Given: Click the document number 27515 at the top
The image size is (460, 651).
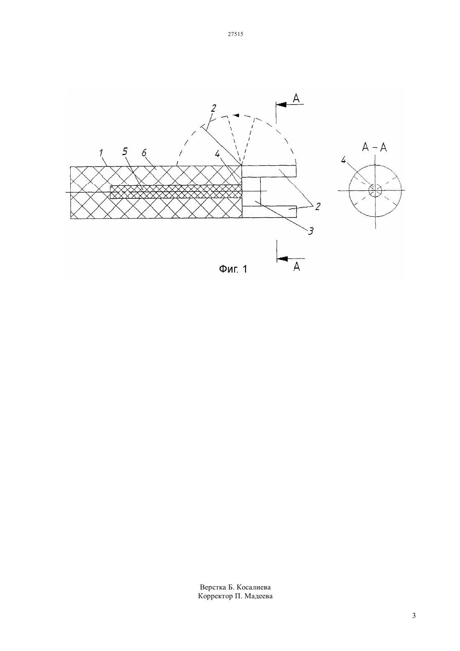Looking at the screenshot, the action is (x=235, y=34).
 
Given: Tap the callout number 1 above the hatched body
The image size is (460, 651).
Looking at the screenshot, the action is (x=101, y=153).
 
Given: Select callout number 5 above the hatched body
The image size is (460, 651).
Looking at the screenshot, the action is (x=125, y=151).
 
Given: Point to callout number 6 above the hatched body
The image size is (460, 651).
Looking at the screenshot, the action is (x=144, y=153).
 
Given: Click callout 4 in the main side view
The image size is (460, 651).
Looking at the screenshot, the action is (x=217, y=154).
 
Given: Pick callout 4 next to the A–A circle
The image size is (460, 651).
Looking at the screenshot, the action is (x=343, y=160).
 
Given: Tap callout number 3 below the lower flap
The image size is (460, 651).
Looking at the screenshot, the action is (x=310, y=231).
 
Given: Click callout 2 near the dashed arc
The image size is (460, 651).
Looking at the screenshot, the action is (x=213, y=108).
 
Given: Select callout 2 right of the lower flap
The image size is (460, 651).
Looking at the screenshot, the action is (x=317, y=207).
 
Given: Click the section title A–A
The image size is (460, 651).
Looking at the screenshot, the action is (x=374, y=147).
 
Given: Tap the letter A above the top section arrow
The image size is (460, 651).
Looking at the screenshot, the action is (x=296, y=98).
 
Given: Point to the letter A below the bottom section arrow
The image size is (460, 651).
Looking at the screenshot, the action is (x=296, y=267).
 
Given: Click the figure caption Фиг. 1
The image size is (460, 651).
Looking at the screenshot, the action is (x=233, y=269).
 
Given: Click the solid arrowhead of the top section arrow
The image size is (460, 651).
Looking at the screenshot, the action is (x=281, y=104).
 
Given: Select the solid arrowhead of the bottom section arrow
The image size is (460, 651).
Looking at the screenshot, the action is (x=282, y=259).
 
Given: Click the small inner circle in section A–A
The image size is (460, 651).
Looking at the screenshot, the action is (x=375, y=190).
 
